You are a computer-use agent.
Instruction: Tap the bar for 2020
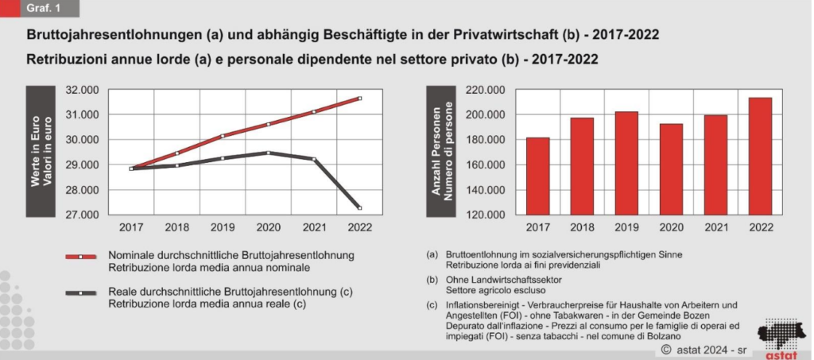click(x=671, y=169)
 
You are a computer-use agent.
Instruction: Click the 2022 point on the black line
click(x=359, y=208)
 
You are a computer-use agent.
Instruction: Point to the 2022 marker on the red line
click(x=359, y=99)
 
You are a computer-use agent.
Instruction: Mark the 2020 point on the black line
click(x=268, y=153)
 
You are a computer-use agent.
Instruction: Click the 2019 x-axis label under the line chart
click(x=223, y=228)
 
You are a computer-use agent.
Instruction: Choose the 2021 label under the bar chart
click(x=715, y=228)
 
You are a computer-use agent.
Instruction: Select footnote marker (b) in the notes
click(x=432, y=281)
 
